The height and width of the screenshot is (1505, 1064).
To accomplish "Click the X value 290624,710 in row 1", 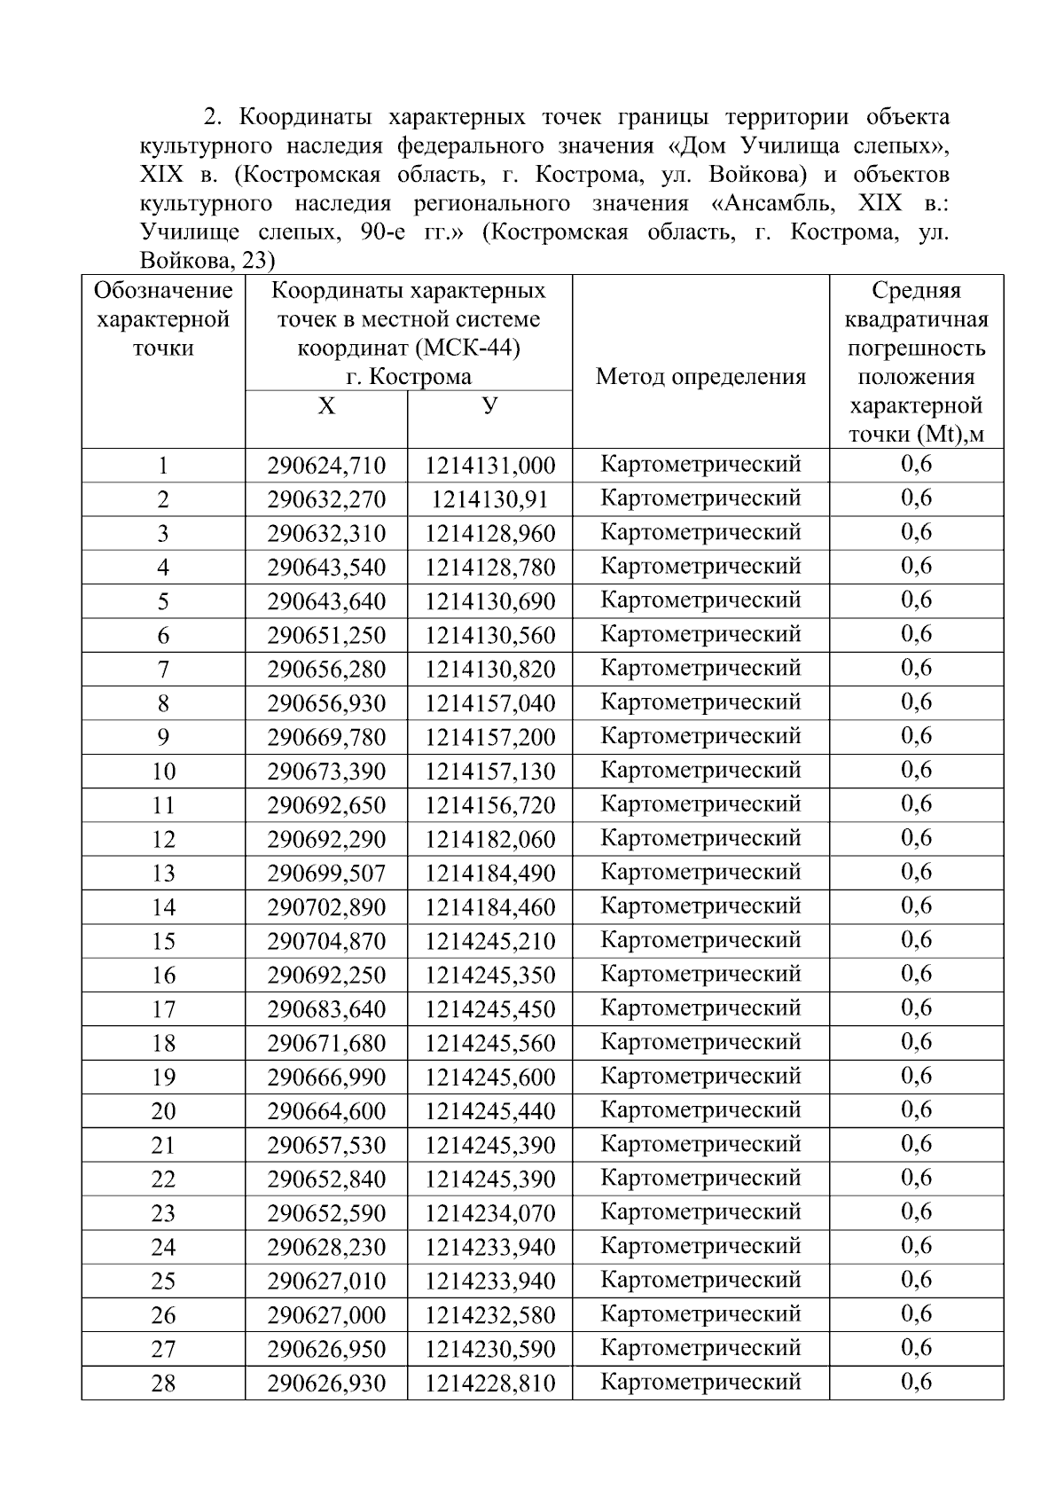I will coord(326,466).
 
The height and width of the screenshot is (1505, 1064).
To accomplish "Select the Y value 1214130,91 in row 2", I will coord(489,499).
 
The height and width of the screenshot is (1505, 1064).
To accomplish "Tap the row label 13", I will coord(163,874).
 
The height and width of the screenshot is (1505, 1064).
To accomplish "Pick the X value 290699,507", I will coord(326,874).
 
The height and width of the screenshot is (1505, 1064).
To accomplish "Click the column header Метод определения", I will coord(700,377).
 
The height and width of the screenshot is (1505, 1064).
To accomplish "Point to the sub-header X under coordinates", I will coord(326,406).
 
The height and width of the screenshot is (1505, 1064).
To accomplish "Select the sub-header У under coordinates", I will coord(489,405).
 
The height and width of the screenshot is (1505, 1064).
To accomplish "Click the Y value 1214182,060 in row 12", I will coord(489,839).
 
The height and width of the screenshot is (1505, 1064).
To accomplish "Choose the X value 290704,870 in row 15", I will coord(326,941).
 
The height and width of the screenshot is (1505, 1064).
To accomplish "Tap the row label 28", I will coord(163,1383).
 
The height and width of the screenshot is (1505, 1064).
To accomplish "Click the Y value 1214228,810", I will coord(489,1383).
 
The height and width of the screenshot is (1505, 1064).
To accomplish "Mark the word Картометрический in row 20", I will coord(700,1109).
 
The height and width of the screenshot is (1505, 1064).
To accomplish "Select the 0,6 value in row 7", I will coord(916,668).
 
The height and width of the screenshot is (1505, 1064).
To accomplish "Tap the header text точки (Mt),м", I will coord(916,435).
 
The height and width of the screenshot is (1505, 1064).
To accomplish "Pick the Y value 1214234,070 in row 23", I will coord(489,1212).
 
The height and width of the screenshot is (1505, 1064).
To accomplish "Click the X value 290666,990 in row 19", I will coord(326,1077).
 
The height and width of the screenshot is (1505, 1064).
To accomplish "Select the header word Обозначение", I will coord(163,290).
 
